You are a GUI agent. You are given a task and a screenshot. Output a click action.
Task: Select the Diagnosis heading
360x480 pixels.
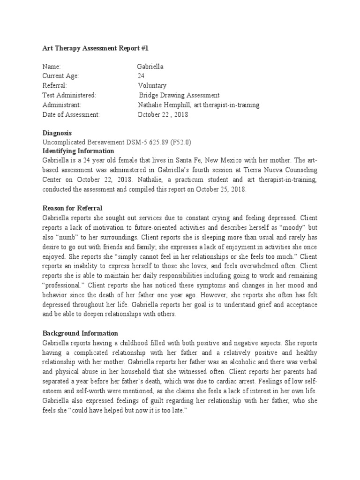tap(57, 133)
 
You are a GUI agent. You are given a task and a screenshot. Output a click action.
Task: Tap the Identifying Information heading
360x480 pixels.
tap(78, 151)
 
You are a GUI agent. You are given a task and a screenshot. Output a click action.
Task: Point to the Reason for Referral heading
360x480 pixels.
tap(72, 208)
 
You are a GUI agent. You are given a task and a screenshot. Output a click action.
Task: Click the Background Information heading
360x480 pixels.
tap(80, 333)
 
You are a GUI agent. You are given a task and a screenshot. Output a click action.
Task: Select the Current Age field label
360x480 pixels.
tap(61, 76)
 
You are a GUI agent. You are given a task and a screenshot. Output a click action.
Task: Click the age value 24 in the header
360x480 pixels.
tap(141, 76)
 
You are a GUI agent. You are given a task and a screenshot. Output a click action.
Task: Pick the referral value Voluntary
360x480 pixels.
tap(152, 86)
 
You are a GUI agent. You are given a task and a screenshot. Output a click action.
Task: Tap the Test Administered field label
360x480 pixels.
tap(69, 95)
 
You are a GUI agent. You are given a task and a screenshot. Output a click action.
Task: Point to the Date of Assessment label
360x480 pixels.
tap(71, 114)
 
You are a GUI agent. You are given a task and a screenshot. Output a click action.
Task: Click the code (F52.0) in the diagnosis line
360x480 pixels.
tap(180, 142)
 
